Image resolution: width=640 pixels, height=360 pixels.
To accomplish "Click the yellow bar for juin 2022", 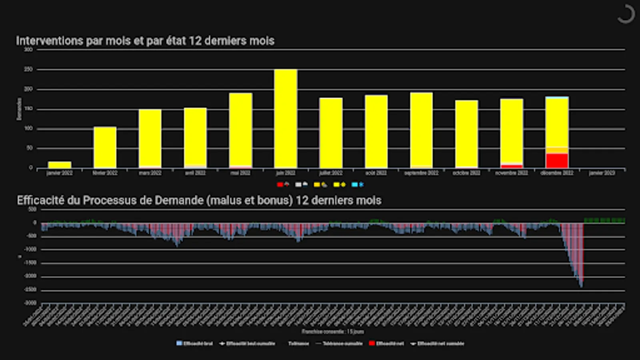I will click(286, 119).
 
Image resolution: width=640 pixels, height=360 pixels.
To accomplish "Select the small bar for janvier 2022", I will click(60, 165).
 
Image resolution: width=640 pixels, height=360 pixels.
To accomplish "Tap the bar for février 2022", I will click(105, 147).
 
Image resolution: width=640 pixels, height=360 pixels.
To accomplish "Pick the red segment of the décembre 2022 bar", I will click(557, 161).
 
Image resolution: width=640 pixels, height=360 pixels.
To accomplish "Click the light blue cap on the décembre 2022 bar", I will click(557, 97).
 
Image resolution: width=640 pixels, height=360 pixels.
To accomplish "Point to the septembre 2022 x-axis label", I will click(421, 173).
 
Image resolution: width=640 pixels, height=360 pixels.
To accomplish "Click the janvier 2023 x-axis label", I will click(602, 173).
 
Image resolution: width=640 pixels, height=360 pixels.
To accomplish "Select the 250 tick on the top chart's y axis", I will click(28, 70).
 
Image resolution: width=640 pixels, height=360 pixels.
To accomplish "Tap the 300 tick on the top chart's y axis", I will click(28, 50).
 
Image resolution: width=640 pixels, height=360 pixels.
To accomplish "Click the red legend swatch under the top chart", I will click(280, 184).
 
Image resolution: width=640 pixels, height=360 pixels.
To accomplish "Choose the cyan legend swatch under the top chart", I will click(354, 184).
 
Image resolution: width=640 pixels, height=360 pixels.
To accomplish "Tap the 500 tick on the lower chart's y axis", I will click(32, 209).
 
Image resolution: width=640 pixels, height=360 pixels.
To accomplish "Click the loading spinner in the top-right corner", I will click(626, 14).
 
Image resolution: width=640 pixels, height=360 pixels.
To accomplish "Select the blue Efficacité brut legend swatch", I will click(179, 343).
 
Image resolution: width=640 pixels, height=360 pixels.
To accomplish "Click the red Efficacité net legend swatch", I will click(372, 343).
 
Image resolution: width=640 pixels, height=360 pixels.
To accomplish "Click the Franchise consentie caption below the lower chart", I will click(333, 332).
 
